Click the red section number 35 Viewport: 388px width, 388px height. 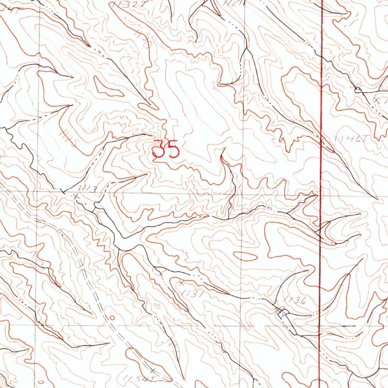166,149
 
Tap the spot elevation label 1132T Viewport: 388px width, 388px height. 124,4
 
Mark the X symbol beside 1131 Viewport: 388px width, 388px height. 181,283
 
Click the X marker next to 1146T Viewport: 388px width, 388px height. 322,141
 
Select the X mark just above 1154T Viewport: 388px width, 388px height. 153,369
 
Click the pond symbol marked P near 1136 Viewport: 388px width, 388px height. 282,313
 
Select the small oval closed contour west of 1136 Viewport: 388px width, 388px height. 245,257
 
